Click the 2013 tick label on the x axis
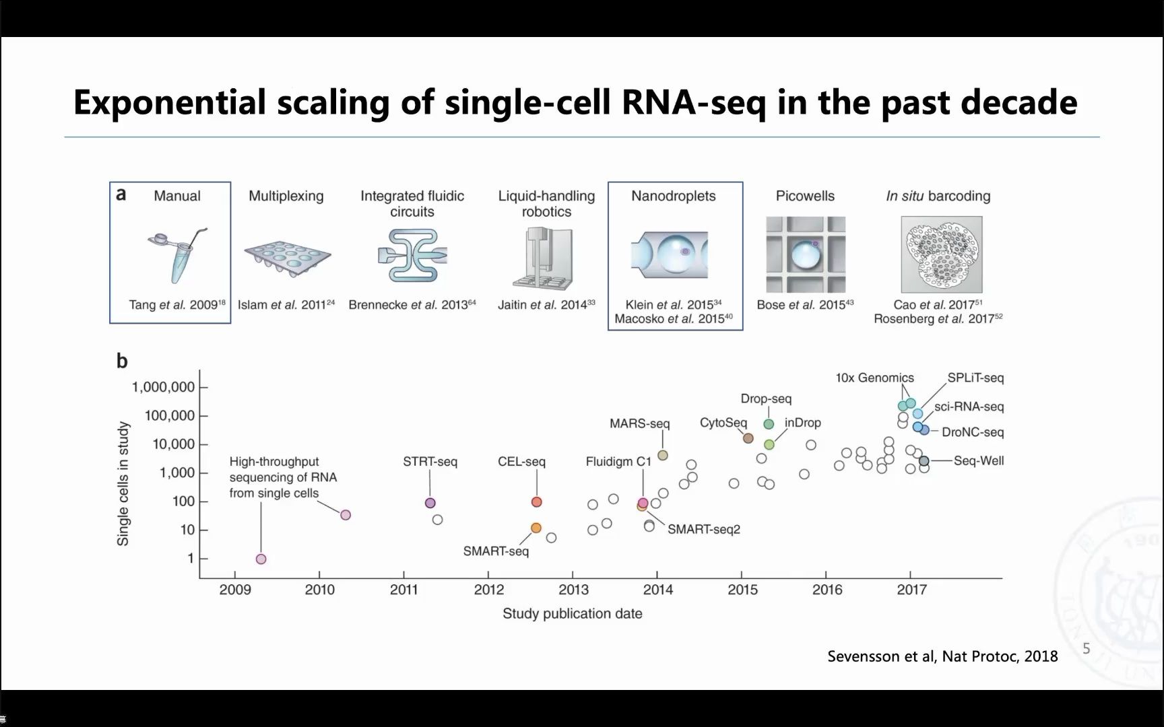click(x=573, y=590)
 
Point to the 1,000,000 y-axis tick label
click(x=163, y=387)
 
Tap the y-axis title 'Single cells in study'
click(x=123, y=483)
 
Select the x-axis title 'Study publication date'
click(x=573, y=613)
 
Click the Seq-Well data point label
click(x=979, y=460)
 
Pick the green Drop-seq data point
click(x=769, y=424)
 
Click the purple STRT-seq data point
click(x=430, y=503)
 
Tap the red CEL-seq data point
click(x=537, y=501)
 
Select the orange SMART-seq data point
click(x=536, y=528)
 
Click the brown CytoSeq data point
click(x=748, y=438)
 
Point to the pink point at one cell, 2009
click(x=261, y=559)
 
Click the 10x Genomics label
click(x=875, y=378)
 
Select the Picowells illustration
click(x=806, y=254)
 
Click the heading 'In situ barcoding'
click(x=938, y=196)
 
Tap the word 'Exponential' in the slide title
click(x=170, y=103)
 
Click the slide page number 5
click(x=1086, y=648)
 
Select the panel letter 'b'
click(x=122, y=361)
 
